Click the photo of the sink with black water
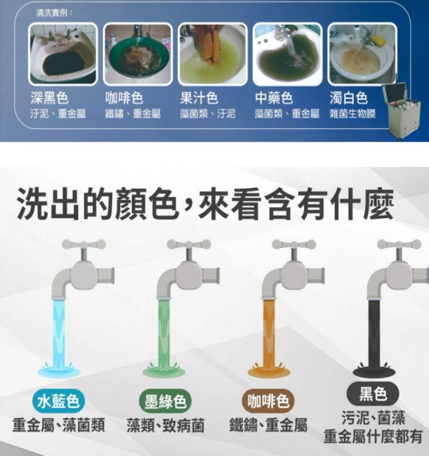[63, 53]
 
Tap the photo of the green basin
[138, 53]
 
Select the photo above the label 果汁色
[213, 53]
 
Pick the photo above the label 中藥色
[287, 53]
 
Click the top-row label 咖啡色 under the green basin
[124, 98]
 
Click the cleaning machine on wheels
[401, 111]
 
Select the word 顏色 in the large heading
[139, 203]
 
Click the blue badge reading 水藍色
[58, 401]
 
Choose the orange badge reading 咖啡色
[268, 401]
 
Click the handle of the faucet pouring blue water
[84, 245]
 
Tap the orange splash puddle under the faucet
[269, 370]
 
